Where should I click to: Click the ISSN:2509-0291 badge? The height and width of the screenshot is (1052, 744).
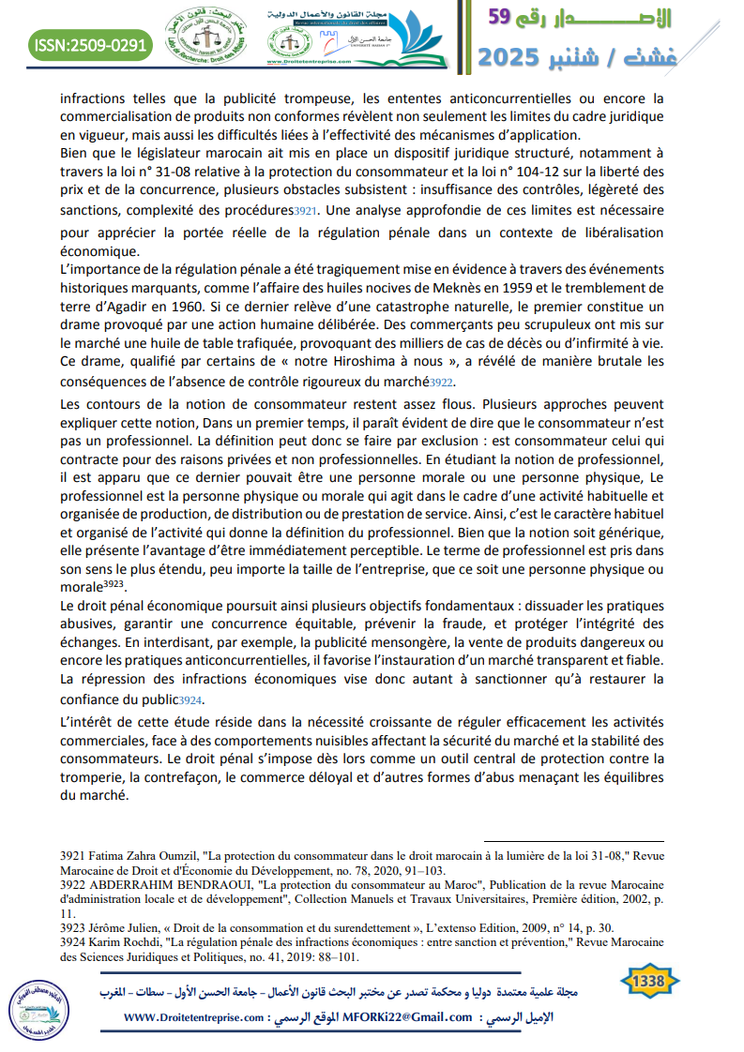90,44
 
